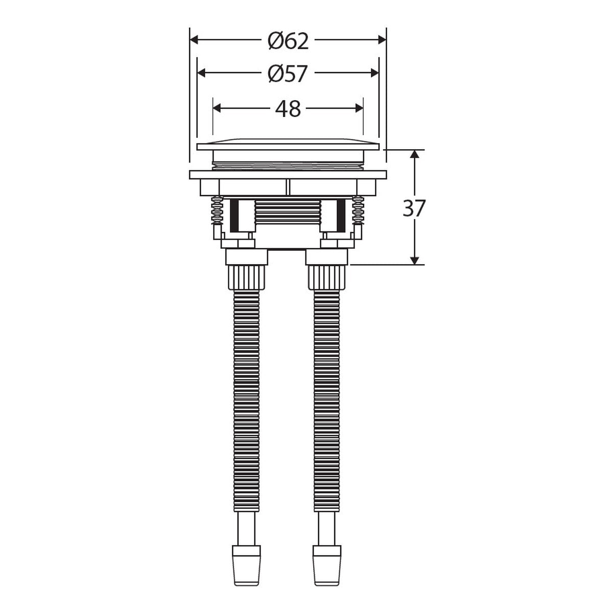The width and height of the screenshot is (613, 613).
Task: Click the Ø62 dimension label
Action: pos(288,41)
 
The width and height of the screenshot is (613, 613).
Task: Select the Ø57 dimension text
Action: pos(288,74)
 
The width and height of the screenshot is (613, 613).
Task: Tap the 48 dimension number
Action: pos(288,109)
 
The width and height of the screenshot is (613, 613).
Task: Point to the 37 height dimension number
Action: pos(414,208)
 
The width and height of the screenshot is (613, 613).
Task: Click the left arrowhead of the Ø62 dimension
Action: pos(194,40)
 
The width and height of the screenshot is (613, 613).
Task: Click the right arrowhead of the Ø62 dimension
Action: pos(382,40)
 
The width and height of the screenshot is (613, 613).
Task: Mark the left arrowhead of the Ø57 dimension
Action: pos(201,73)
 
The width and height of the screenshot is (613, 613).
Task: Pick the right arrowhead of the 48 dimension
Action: pos(359,108)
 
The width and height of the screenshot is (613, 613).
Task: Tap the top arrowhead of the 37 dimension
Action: pos(414,154)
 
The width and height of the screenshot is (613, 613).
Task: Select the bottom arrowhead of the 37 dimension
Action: pos(414,260)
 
